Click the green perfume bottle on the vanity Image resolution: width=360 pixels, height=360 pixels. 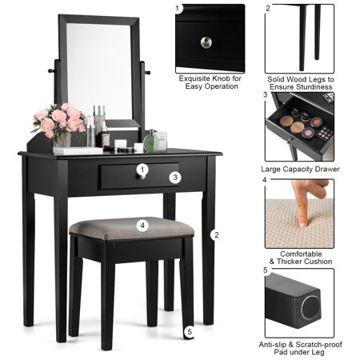151,142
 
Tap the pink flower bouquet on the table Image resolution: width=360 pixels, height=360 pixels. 58,120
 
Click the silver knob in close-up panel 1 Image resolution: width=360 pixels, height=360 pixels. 206,42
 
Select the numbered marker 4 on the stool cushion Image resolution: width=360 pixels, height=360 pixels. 142,226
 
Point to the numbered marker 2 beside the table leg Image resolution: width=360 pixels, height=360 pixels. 216,235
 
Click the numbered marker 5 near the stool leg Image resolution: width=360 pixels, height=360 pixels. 190,332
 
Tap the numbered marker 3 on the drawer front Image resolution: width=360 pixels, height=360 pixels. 175,177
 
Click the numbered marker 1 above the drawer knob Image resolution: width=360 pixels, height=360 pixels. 142,170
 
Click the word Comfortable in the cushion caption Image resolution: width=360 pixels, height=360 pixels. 301,254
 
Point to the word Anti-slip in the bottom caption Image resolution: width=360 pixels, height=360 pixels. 272,345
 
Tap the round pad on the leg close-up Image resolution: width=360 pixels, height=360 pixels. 310,307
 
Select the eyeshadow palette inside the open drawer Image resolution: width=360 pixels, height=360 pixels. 325,132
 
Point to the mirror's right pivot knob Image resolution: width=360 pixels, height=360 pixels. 147,72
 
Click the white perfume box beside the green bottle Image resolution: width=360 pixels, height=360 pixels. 162,140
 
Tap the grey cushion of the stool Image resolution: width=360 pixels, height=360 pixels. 131,228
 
